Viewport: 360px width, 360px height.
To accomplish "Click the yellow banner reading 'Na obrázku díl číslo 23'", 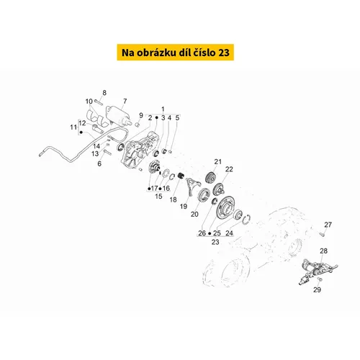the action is point(176,53).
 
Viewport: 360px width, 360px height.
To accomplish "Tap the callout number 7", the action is point(125,102).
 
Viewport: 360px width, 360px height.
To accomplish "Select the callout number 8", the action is point(104,93).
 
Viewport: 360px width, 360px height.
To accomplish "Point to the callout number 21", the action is point(218,162).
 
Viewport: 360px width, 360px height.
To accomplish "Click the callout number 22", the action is point(229,169).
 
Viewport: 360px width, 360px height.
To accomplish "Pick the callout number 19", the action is point(184,207).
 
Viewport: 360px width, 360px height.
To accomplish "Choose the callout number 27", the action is point(328,225).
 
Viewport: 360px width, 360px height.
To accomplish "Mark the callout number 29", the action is point(317,289).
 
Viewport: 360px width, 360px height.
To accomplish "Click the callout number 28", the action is point(323,251).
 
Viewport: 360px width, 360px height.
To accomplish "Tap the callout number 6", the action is point(99,163).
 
